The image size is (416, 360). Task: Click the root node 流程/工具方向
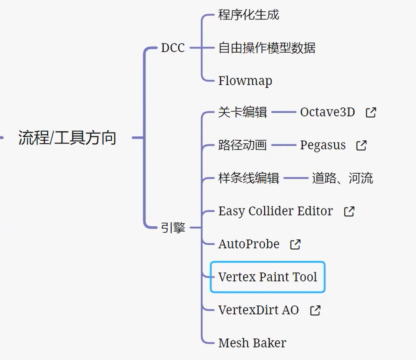67,138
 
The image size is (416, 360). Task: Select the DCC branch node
173,48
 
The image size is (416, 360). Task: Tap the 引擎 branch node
173,228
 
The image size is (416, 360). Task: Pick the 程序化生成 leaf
249,15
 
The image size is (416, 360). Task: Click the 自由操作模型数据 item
267,48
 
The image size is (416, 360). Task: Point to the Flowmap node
245,81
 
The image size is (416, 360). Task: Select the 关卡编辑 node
242,112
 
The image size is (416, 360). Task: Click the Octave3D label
327,112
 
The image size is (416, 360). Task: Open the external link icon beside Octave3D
371,112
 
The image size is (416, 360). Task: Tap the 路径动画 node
242,145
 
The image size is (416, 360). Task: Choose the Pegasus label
323,145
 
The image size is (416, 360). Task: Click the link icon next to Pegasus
361,145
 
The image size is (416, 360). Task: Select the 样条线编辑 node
249,178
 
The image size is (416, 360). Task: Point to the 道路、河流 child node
342,178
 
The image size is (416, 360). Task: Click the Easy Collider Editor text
276,211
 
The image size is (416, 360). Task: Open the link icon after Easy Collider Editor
349,211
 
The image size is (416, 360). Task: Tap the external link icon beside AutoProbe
295,244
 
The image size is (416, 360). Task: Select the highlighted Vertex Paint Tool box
267,277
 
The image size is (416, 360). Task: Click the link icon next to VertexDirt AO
315,310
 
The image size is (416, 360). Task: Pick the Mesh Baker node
252,343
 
